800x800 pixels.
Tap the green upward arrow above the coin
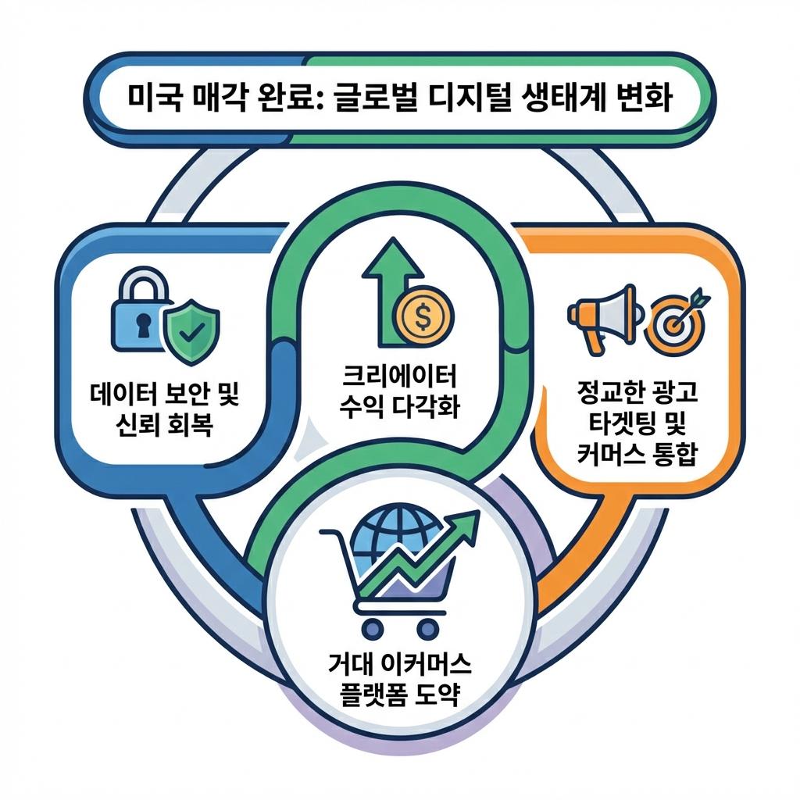pos(391,289)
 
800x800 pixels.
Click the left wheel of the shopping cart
pos(371,627)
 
